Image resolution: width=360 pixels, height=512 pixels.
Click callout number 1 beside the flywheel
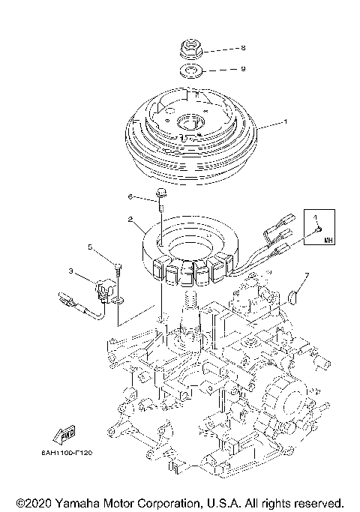[x=285, y=121]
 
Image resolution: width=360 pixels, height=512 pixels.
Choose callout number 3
[x=70, y=271]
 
